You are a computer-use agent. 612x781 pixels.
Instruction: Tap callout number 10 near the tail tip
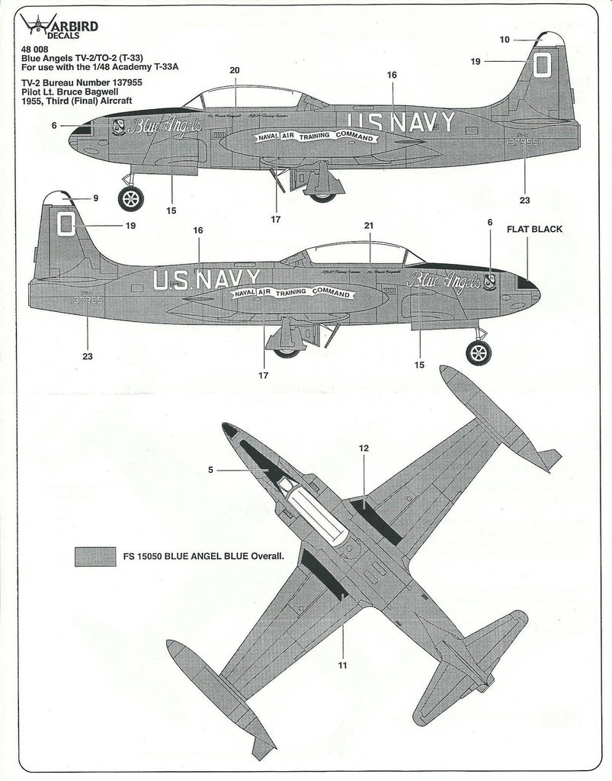point(505,39)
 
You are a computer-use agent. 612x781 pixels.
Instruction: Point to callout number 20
point(234,70)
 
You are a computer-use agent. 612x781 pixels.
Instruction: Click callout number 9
point(96,198)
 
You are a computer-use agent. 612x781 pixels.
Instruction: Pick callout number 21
point(369,227)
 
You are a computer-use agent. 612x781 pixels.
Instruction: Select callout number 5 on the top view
point(211,471)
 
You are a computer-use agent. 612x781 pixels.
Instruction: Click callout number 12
point(364,448)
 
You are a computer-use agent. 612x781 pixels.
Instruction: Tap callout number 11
point(342,665)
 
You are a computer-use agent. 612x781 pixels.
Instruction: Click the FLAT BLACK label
point(534,229)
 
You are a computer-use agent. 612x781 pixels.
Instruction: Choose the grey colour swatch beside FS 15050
point(95,557)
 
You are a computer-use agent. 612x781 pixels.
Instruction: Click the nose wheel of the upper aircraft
point(130,198)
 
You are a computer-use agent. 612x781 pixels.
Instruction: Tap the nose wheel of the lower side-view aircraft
point(479,352)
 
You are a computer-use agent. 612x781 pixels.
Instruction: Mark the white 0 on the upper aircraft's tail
point(541,63)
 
